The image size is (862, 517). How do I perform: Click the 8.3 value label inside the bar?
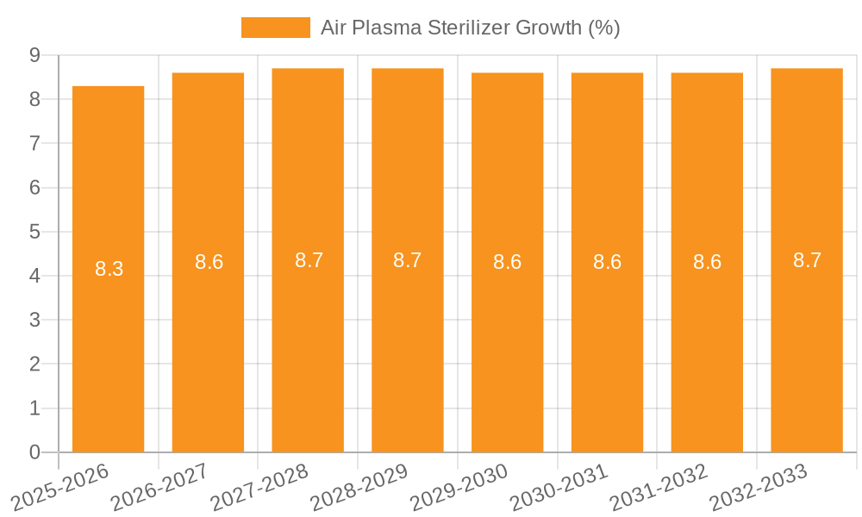(x=109, y=269)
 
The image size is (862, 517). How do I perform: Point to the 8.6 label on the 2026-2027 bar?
(x=209, y=262)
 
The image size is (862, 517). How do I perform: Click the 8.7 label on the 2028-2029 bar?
(x=407, y=260)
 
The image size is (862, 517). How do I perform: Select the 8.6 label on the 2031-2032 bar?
(x=707, y=262)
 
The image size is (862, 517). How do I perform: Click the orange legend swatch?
(x=275, y=28)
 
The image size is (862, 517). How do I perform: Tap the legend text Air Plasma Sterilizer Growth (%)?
(x=470, y=28)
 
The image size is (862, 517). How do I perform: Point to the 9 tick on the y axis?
(x=34, y=55)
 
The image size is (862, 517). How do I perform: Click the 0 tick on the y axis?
(x=34, y=452)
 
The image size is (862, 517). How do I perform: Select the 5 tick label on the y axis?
(x=34, y=232)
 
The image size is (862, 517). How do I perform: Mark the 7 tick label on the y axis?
(x=34, y=143)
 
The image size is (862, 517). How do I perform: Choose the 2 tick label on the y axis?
(x=34, y=364)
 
